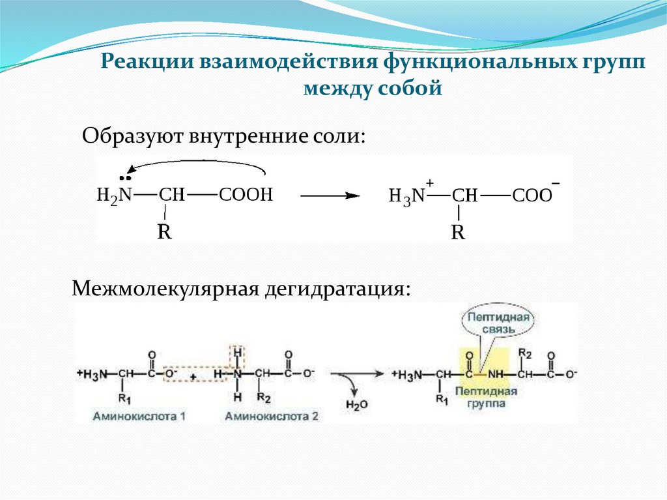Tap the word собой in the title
[x=411, y=88]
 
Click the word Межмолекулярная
[x=164, y=287]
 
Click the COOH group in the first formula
[x=245, y=195]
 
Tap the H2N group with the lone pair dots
[x=115, y=194]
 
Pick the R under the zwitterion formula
[x=459, y=233]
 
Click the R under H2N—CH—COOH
[x=164, y=231]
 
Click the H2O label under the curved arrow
[x=357, y=405]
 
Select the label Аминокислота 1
[x=139, y=415]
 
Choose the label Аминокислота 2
[x=272, y=415]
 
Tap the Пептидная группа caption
[x=487, y=398]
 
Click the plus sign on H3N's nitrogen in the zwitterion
[x=430, y=183]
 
